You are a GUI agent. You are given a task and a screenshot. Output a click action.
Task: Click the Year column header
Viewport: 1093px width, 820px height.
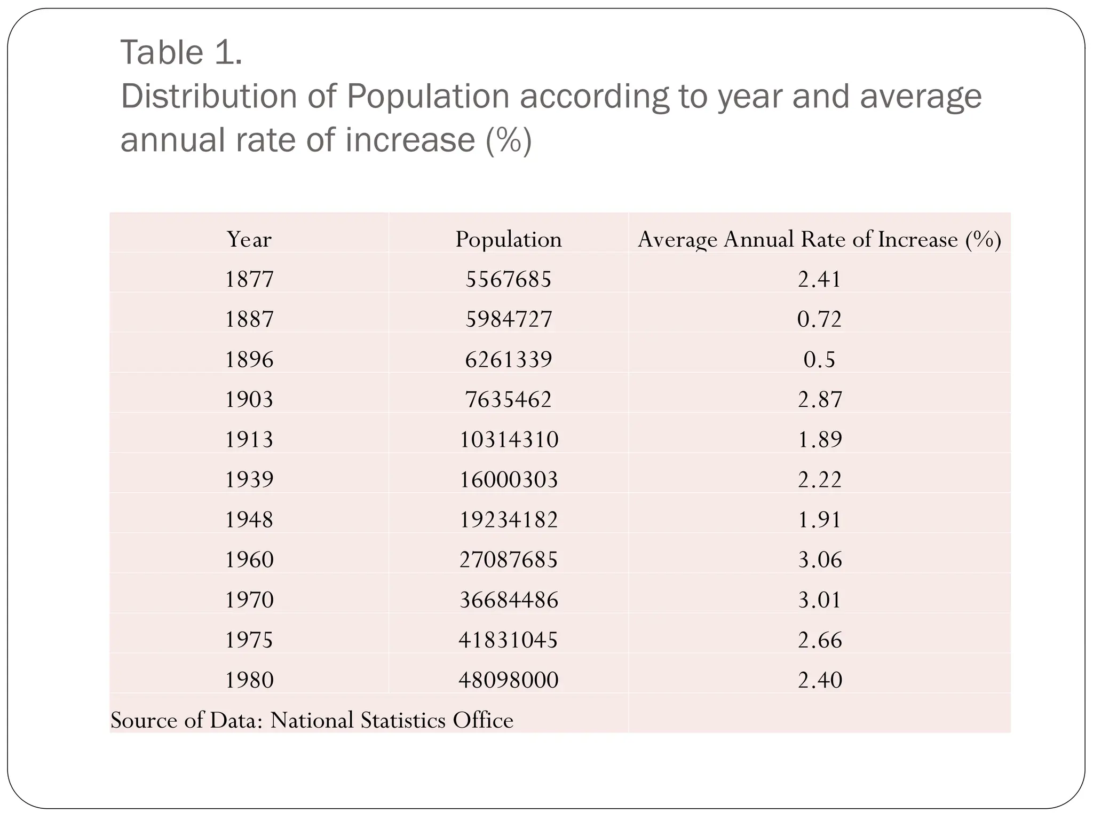(249, 239)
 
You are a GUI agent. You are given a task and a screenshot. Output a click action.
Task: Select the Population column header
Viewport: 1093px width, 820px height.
(508, 239)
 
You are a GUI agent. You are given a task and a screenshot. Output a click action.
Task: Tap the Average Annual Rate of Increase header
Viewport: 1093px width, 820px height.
(819, 239)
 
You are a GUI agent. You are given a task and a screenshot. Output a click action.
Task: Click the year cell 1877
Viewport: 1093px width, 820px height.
(249, 279)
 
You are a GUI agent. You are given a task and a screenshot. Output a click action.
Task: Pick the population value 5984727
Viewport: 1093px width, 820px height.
(508, 319)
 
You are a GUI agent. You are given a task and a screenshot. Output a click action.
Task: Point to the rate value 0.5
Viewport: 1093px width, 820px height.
(819, 359)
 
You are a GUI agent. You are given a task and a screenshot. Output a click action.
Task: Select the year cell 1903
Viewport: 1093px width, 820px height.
(249, 399)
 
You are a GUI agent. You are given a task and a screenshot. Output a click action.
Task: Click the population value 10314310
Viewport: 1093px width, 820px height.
(508, 439)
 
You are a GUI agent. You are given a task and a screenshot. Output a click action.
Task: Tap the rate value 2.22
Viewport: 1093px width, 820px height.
(819, 479)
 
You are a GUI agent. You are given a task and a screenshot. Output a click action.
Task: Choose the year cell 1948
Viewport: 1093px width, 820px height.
(249, 519)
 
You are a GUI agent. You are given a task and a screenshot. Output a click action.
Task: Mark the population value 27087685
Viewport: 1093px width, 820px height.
(508, 559)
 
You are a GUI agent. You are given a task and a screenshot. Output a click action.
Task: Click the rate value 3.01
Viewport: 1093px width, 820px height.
(819, 600)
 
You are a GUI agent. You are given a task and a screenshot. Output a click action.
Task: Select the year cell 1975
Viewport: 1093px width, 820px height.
(249, 640)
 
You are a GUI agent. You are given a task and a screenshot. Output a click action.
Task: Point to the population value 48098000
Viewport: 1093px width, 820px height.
(508, 680)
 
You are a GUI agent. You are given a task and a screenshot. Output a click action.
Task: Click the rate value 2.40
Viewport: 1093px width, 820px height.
(819, 680)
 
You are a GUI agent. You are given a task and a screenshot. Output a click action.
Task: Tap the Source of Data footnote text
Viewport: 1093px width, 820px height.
(312, 720)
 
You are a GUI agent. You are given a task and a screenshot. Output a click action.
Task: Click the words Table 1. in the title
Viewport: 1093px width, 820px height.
(181, 53)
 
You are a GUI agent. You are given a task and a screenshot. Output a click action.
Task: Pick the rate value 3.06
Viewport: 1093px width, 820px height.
(819, 559)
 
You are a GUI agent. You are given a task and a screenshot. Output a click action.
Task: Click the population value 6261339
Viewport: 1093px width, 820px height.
(508, 359)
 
